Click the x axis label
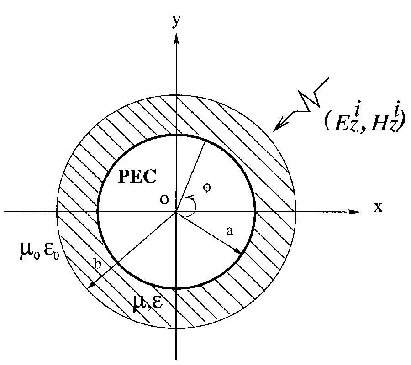(378, 208)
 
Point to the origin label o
(163, 200)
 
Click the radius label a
(230, 232)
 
